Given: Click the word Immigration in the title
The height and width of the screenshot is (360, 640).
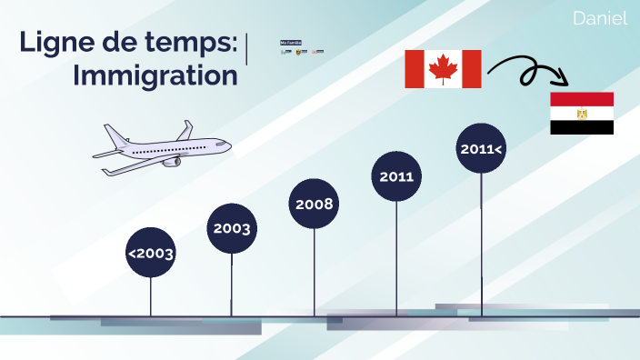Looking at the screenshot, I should pyautogui.click(x=155, y=75).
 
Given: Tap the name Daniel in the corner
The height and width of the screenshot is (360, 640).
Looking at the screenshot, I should pyautogui.click(x=600, y=18).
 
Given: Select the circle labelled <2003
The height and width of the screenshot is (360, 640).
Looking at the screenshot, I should pyautogui.click(x=150, y=254).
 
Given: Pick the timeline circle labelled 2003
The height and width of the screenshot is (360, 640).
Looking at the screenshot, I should pyautogui.click(x=232, y=228).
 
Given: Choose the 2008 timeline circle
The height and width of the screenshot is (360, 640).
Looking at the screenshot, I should pyautogui.click(x=315, y=203).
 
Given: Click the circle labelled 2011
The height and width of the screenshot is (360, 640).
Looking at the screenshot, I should pyautogui.click(x=396, y=176).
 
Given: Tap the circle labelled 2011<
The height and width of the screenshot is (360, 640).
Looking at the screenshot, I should pyautogui.click(x=480, y=147).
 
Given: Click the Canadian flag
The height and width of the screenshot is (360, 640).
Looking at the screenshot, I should pyautogui.click(x=443, y=69).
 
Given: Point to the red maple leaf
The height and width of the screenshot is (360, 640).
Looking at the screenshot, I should pyautogui.click(x=443, y=69).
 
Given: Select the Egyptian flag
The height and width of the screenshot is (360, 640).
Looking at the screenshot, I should pyautogui.click(x=582, y=114).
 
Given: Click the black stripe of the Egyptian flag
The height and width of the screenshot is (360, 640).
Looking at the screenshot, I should pyautogui.click(x=582, y=128).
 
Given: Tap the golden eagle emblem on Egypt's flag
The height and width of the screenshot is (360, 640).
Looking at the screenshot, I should pyautogui.click(x=582, y=114).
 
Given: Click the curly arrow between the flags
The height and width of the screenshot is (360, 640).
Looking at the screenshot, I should pyautogui.click(x=523, y=68).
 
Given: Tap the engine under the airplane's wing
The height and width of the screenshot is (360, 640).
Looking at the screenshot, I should pyautogui.click(x=170, y=161).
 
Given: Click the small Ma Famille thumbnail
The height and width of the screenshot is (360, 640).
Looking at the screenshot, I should pyautogui.click(x=291, y=43).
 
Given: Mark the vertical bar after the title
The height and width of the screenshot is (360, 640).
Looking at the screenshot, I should pyautogui.click(x=248, y=50).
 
